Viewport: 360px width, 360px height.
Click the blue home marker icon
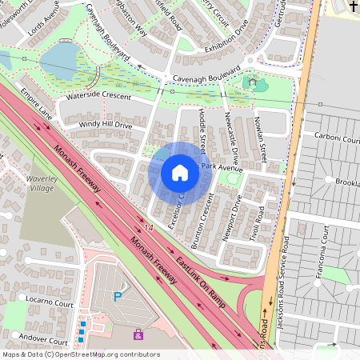[x=180, y=173]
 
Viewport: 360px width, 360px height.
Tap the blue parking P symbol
[x=118, y=297]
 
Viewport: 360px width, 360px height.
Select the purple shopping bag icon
[x=138, y=334]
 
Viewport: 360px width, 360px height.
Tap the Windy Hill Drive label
[x=106, y=125]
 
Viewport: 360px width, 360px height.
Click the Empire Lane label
[x=35, y=103]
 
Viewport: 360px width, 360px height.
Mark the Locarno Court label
[x=49, y=306]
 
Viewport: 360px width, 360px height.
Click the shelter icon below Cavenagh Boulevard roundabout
[x=253, y=81]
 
